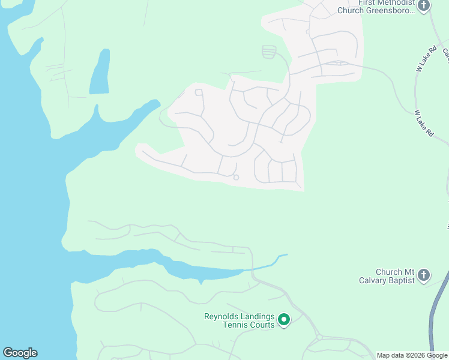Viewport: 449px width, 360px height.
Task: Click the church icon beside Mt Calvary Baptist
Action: coord(424,275)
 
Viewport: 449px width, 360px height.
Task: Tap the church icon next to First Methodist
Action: coord(424,6)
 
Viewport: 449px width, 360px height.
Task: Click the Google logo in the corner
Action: coord(20,353)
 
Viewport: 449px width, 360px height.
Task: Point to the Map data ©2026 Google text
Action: coord(412,355)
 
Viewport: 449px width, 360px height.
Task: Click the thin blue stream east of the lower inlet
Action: coord(267,263)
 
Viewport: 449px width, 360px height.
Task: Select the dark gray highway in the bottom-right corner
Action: coord(438,312)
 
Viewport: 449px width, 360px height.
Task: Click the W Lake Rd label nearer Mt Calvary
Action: coord(424,123)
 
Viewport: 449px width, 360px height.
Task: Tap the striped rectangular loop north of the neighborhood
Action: coord(270,52)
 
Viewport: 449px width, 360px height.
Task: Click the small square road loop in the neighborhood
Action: coord(199,92)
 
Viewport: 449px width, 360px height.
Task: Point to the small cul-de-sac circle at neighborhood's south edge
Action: coord(236,177)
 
